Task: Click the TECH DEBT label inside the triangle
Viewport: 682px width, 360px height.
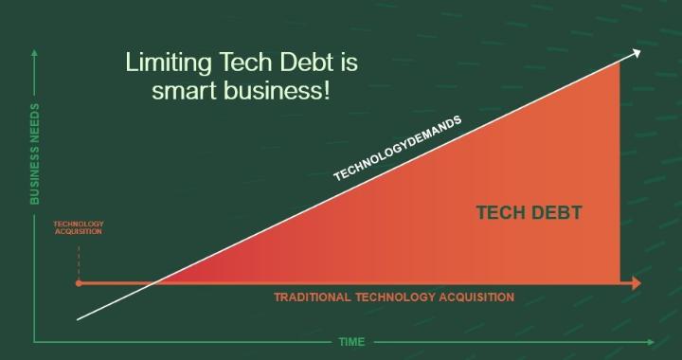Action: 528,212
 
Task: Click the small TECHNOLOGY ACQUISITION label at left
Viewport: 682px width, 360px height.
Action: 79,228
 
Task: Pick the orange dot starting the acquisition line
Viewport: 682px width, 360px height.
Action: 79,283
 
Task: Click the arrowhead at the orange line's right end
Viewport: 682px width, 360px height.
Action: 635,283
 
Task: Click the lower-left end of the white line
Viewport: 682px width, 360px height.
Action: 78,319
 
